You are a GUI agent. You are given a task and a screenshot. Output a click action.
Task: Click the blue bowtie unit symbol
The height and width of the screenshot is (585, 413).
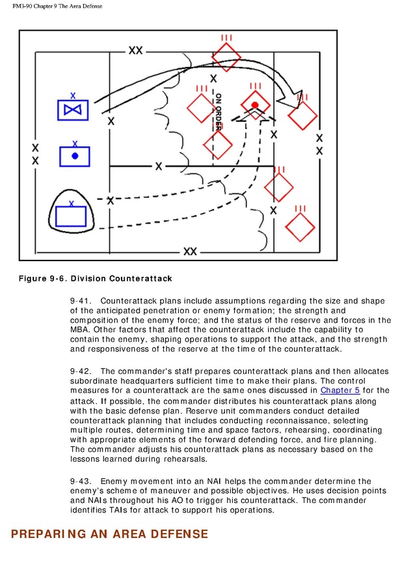[72, 110]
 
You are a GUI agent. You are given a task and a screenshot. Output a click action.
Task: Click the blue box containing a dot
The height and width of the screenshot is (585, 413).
[75, 156]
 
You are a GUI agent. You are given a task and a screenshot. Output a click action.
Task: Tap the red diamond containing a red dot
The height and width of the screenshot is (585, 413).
[255, 105]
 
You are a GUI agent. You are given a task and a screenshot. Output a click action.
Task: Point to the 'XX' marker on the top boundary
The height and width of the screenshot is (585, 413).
[135, 50]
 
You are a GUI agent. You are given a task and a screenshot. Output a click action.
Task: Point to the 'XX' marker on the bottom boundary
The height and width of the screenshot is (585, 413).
[190, 251]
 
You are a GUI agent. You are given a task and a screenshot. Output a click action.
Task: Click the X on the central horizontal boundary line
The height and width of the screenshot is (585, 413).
[158, 167]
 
